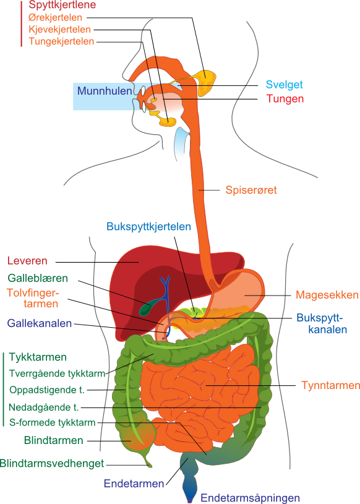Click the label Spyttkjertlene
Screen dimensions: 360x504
62,5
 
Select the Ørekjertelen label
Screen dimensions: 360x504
55,17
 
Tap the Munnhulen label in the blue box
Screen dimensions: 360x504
105,91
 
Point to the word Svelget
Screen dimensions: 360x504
284,85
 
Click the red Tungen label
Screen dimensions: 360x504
285,99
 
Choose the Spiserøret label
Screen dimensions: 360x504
251,190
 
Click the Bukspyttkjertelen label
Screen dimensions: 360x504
148,226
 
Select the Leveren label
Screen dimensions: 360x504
27,261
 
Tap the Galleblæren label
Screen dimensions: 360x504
38,278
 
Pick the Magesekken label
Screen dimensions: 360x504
327,295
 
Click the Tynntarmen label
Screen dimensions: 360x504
330,385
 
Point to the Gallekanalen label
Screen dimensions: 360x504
39,323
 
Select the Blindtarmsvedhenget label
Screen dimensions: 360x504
52,464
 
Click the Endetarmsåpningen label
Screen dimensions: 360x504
250,498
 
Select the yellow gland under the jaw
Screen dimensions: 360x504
168,122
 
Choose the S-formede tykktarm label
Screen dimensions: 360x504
53,422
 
